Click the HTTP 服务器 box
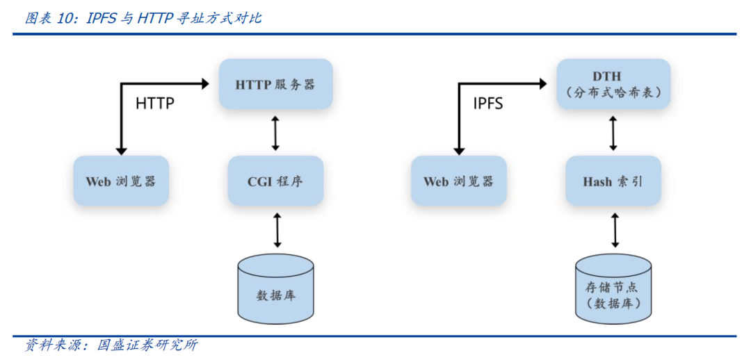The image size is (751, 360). (275, 84)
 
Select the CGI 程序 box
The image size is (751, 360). (275, 181)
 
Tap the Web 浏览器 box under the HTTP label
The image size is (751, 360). (121, 181)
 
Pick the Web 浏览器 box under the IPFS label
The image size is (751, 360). (458, 181)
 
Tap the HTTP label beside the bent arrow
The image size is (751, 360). (155, 104)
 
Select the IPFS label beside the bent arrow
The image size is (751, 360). (488, 104)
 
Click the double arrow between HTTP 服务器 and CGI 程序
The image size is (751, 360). (275, 134)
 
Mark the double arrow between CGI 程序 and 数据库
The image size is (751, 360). (277, 230)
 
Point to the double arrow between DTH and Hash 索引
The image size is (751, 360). (613, 134)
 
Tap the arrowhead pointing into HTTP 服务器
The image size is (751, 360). (204, 84)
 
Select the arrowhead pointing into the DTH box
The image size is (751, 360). (543, 84)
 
